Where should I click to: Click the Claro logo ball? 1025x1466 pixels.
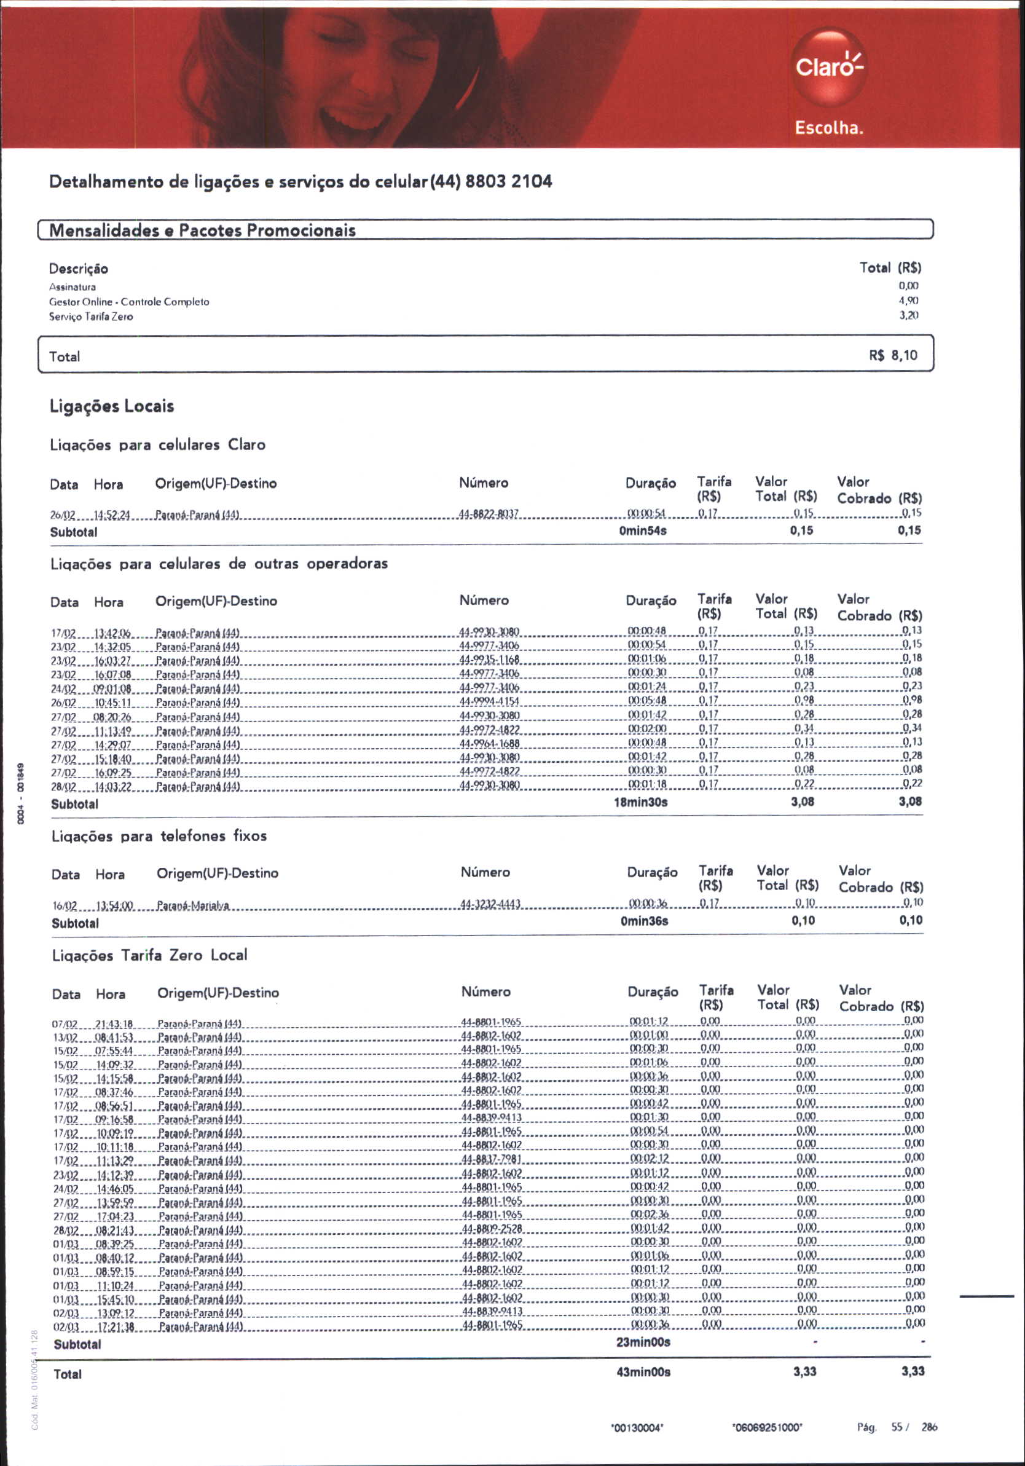click(x=828, y=66)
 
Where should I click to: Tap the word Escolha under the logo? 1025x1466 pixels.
click(x=828, y=128)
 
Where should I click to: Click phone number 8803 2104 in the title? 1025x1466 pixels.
click(x=509, y=181)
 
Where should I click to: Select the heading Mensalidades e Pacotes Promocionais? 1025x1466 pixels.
click(x=202, y=230)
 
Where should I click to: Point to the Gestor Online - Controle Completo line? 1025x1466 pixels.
click(x=129, y=301)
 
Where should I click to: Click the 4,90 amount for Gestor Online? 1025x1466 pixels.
click(x=908, y=300)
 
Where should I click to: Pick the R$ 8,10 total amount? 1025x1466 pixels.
click(x=893, y=355)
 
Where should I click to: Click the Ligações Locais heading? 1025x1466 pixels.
click(x=112, y=406)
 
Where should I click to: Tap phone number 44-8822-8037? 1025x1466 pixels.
click(x=489, y=513)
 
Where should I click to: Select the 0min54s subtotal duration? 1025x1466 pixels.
click(x=643, y=530)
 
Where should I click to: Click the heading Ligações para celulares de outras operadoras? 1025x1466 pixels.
click(x=219, y=564)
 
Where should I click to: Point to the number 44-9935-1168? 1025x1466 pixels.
click(x=489, y=659)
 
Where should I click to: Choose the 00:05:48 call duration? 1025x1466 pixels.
click(x=647, y=701)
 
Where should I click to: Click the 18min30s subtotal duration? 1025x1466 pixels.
click(x=641, y=802)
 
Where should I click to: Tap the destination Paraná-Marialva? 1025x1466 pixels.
click(x=194, y=905)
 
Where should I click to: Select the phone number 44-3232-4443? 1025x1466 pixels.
click(x=490, y=904)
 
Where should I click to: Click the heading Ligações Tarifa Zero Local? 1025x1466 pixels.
click(x=149, y=955)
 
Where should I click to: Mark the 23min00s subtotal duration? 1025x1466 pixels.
click(x=643, y=1341)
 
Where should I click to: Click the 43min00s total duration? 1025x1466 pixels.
click(x=643, y=1371)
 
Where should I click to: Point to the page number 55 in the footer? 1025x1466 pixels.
click(x=897, y=1427)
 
